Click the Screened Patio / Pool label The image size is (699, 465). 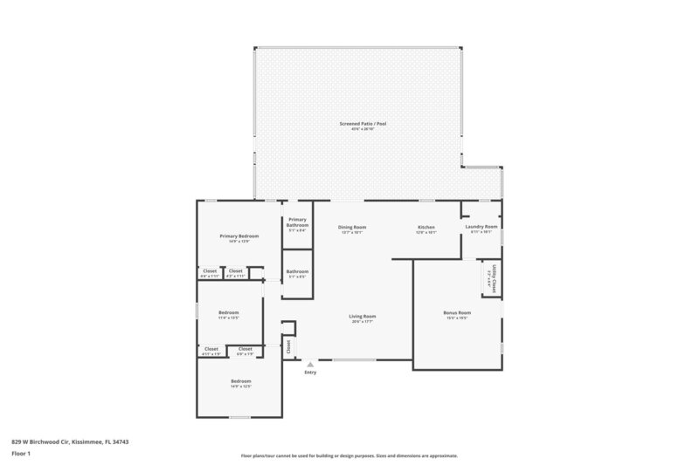363,124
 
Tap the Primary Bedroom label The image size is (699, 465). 239,236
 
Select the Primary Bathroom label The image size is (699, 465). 297,222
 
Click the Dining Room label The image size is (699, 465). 352,227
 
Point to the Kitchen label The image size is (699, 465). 425,227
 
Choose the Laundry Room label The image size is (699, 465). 482,226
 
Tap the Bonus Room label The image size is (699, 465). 458,312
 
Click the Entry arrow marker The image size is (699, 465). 309,364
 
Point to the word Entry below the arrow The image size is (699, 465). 310,373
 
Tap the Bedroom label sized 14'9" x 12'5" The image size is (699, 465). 240,381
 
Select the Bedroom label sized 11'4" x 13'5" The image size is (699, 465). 228,311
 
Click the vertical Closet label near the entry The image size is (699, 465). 288,345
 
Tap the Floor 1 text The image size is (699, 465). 20,454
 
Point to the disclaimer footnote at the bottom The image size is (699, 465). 349,455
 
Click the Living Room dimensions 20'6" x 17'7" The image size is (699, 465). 363,322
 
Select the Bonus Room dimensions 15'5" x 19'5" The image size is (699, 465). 458,318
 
